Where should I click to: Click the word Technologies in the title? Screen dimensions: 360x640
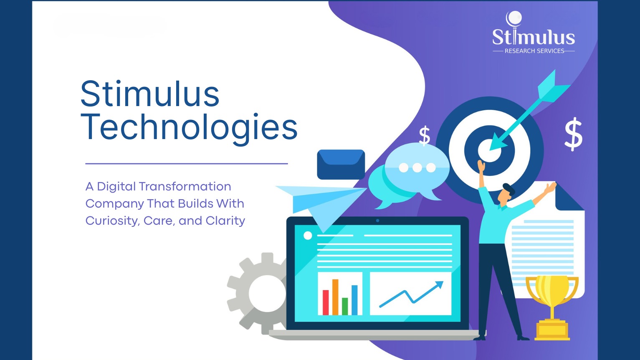coord(189,127)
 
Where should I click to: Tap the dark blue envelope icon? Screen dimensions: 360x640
coord(341,164)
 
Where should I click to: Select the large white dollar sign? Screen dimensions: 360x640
coord(573,134)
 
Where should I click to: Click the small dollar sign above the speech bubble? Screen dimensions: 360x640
coord(425,136)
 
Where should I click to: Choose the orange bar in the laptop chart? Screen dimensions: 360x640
coord(335,297)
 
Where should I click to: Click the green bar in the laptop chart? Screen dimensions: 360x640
coord(345,306)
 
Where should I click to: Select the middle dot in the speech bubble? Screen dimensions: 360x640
coord(417,167)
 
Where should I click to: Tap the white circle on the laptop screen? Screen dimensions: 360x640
coord(308,236)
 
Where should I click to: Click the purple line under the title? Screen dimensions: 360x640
coord(187,164)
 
